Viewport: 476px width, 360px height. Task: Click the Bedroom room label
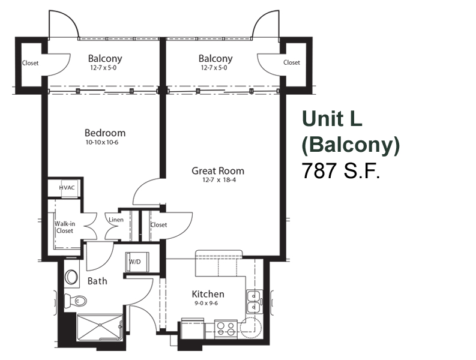click(x=105, y=133)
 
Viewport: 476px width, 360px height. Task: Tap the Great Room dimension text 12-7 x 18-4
click(x=219, y=180)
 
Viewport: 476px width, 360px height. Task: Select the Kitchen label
click(x=208, y=294)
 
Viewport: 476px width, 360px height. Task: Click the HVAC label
click(x=67, y=188)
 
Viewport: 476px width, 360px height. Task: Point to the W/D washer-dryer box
click(x=137, y=262)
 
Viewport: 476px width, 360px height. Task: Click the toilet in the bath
click(x=75, y=301)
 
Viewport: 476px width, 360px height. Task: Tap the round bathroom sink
click(x=71, y=277)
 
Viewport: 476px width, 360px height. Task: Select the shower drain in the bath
click(x=100, y=325)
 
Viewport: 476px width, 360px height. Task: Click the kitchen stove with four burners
click(x=226, y=328)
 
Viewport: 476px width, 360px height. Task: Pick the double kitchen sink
click(x=254, y=302)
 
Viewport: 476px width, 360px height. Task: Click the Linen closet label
click(x=116, y=220)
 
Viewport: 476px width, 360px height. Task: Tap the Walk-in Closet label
click(x=65, y=227)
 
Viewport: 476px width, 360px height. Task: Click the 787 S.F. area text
click(x=340, y=170)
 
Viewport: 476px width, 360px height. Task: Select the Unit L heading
click(x=332, y=119)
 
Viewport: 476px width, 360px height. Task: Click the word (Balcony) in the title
click(x=351, y=145)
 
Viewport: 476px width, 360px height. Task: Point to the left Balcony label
click(x=105, y=58)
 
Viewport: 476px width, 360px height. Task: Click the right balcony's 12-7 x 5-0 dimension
click(x=214, y=68)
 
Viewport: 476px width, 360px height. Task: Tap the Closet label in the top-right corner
click(x=292, y=62)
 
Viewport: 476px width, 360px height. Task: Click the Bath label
click(x=97, y=281)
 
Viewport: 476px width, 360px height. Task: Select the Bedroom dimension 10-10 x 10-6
click(x=102, y=142)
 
